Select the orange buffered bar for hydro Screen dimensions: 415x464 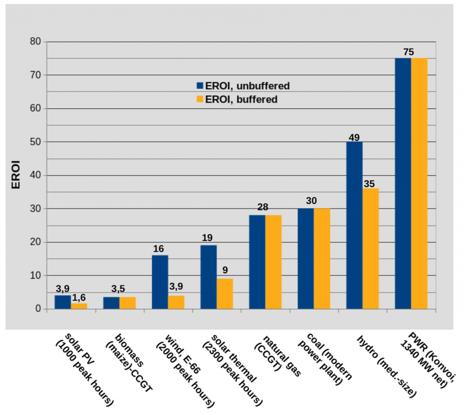(370, 249)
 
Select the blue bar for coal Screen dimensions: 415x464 (305, 259)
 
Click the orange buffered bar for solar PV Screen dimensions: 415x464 (79, 306)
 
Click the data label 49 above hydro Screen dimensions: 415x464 (353, 136)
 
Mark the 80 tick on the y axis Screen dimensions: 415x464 (36, 42)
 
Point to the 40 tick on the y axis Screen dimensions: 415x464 (36, 175)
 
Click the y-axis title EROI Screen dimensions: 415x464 (15, 175)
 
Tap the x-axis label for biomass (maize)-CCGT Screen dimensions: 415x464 (128, 358)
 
